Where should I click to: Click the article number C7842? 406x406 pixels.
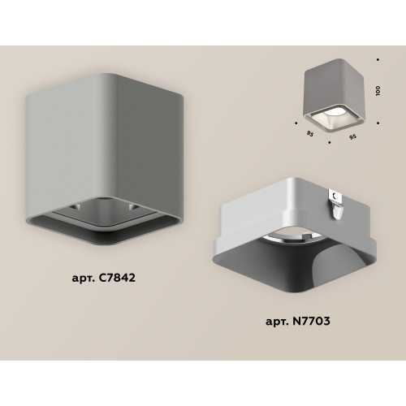pyautogui.click(x=115, y=278)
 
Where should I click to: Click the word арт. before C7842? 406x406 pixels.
pyautogui.click(x=83, y=279)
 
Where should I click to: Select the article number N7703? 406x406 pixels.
pyautogui.click(x=310, y=321)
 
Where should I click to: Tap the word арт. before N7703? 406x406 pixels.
pyautogui.click(x=277, y=322)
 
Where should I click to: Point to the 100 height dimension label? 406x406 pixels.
pyautogui.click(x=378, y=91)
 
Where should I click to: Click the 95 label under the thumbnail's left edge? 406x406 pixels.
pyautogui.click(x=310, y=133)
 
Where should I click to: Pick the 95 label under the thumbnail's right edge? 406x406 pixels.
pyautogui.click(x=352, y=137)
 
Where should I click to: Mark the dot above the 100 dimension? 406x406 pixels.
pyautogui.click(x=378, y=59)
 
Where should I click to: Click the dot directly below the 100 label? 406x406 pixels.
pyautogui.click(x=378, y=123)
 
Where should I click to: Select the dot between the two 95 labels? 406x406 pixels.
pyautogui.click(x=330, y=142)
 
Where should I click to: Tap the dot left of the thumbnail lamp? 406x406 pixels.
pyautogui.click(x=296, y=123)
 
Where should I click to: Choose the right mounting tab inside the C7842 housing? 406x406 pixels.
pyautogui.click(x=133, y=207)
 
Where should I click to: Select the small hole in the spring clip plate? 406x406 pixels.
pyautogui.click(x=335, y=196)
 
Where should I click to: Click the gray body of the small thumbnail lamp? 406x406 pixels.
pyautogui.click(x=335, y=87)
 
